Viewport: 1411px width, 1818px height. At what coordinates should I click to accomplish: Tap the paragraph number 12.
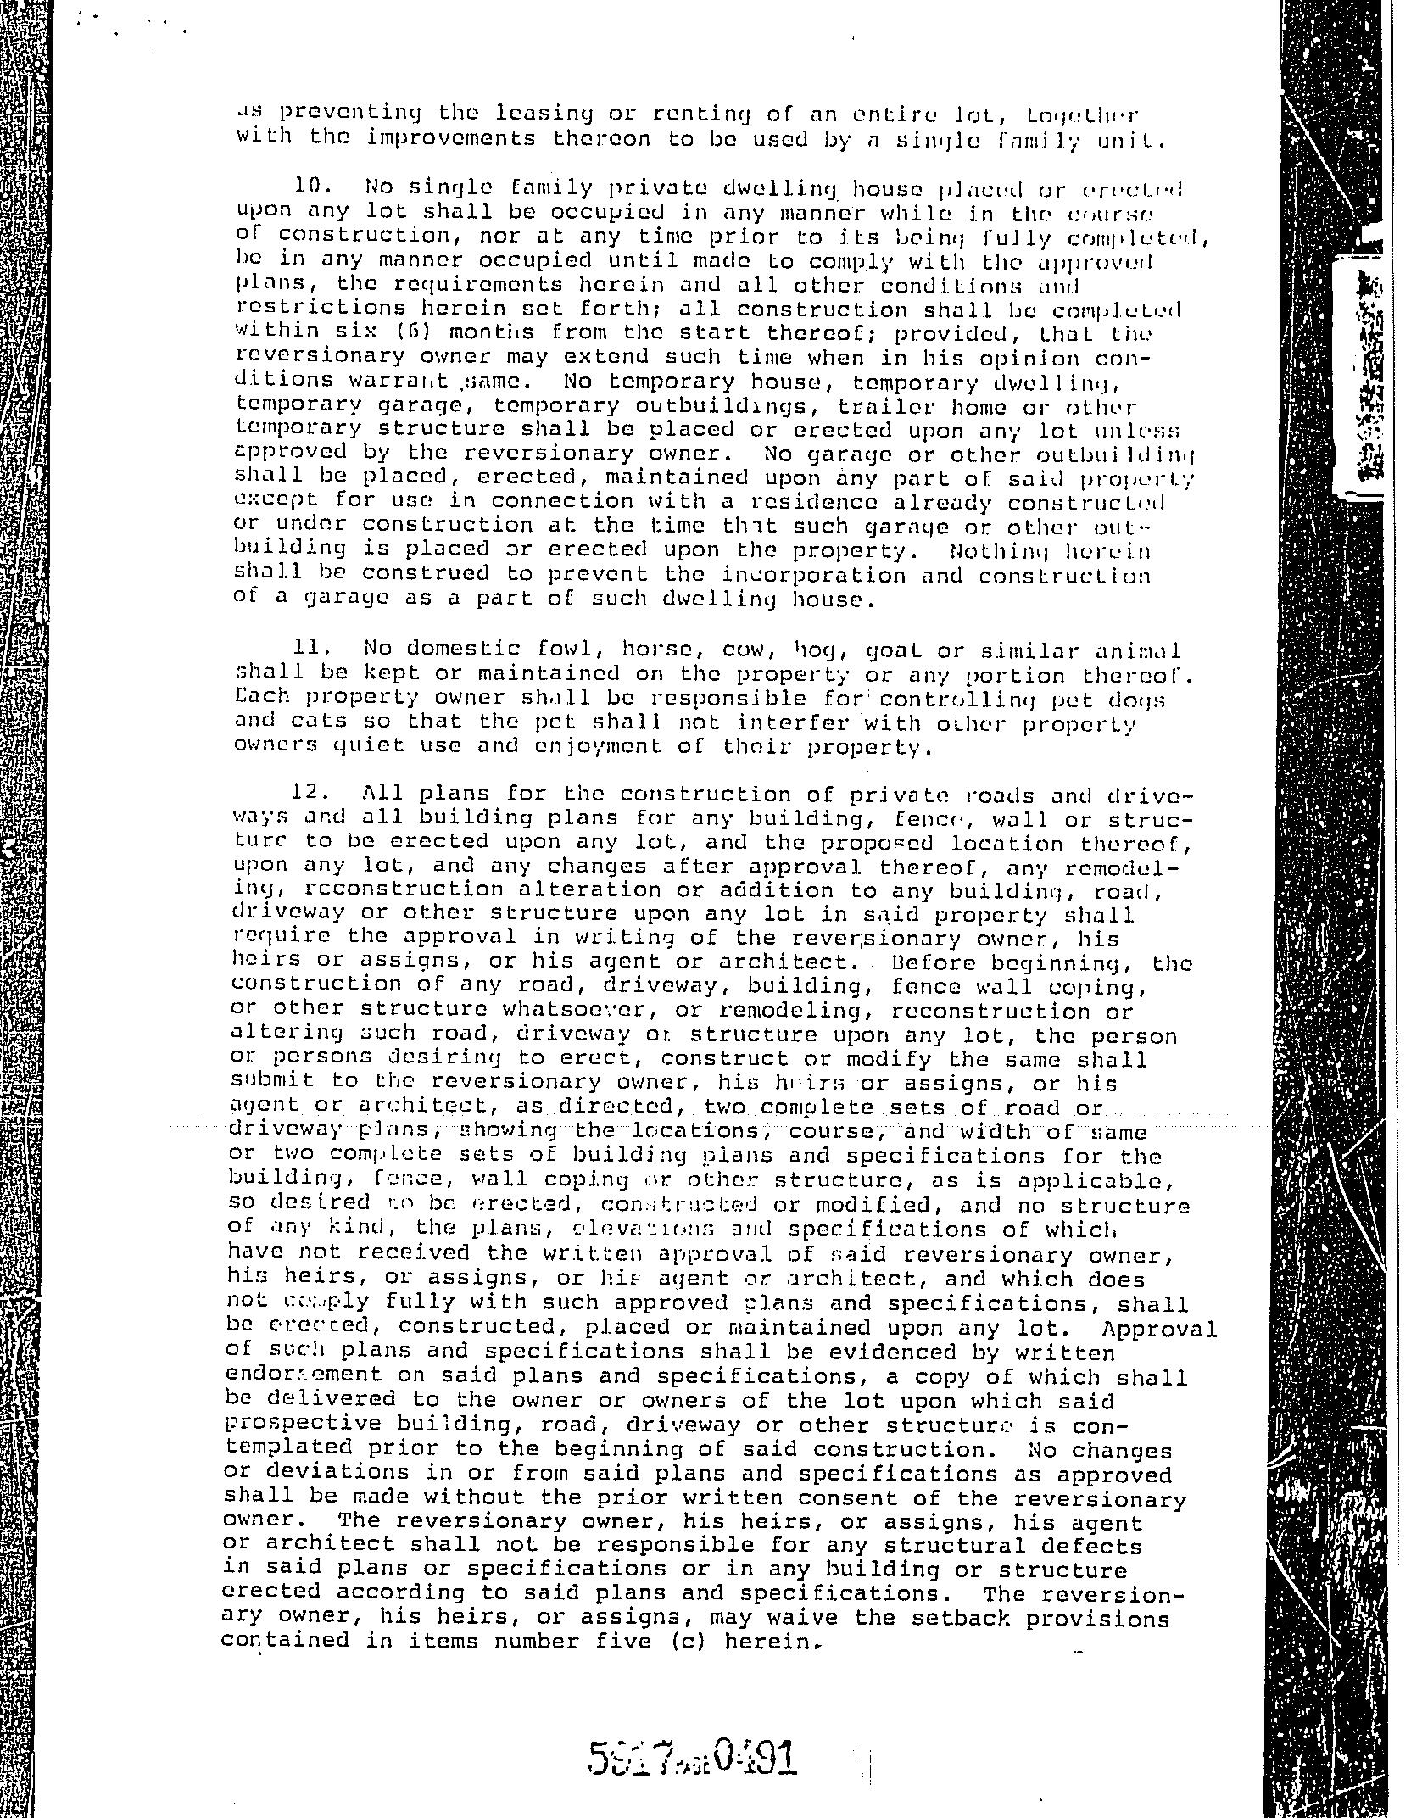tap(309, 792)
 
